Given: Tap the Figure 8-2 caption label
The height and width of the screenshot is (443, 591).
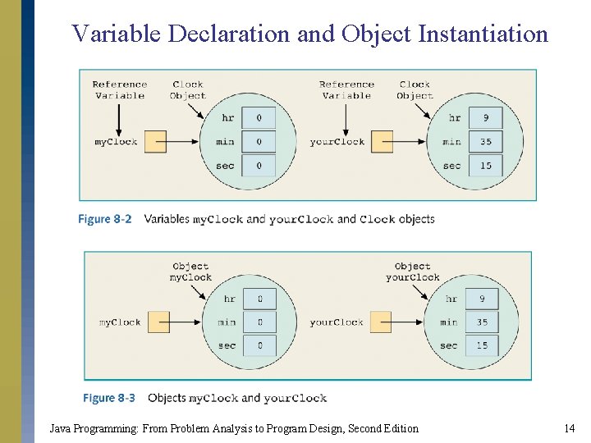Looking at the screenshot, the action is point(105,219).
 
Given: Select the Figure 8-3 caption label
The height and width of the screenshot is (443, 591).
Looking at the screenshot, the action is point(109,398).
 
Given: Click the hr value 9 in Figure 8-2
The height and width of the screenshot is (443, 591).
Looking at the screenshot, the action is point(486,117).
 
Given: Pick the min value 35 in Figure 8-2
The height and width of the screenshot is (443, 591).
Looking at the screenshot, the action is point(486,142).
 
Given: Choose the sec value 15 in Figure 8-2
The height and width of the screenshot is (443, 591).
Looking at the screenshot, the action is point(486,166).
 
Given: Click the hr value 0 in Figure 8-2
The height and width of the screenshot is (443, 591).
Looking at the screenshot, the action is point(259,117).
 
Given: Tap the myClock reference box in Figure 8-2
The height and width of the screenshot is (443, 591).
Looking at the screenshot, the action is point(156,142).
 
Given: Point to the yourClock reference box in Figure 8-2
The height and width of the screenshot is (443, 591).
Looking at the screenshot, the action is point(383,142).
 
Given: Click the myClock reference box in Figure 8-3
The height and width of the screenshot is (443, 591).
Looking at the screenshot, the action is point(158,322).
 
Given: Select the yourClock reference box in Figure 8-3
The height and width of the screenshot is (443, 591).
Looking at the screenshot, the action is point(381,322).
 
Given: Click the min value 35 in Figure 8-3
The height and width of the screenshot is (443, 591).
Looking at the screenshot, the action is point(482,322).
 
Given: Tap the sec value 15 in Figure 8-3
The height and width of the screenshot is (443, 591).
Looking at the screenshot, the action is point(482,345).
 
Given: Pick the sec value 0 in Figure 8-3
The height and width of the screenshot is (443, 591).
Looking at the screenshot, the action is point(260,345).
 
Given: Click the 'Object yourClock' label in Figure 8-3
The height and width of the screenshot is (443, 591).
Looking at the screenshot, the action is point(413,272).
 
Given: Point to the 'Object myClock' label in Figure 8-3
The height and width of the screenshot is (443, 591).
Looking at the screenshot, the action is point(190,272).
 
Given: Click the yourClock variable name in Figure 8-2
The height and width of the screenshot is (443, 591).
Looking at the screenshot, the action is point(337,142).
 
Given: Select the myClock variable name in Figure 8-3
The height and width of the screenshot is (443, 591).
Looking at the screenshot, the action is point(120,322).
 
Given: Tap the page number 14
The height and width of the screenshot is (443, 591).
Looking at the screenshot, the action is point(569,428).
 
